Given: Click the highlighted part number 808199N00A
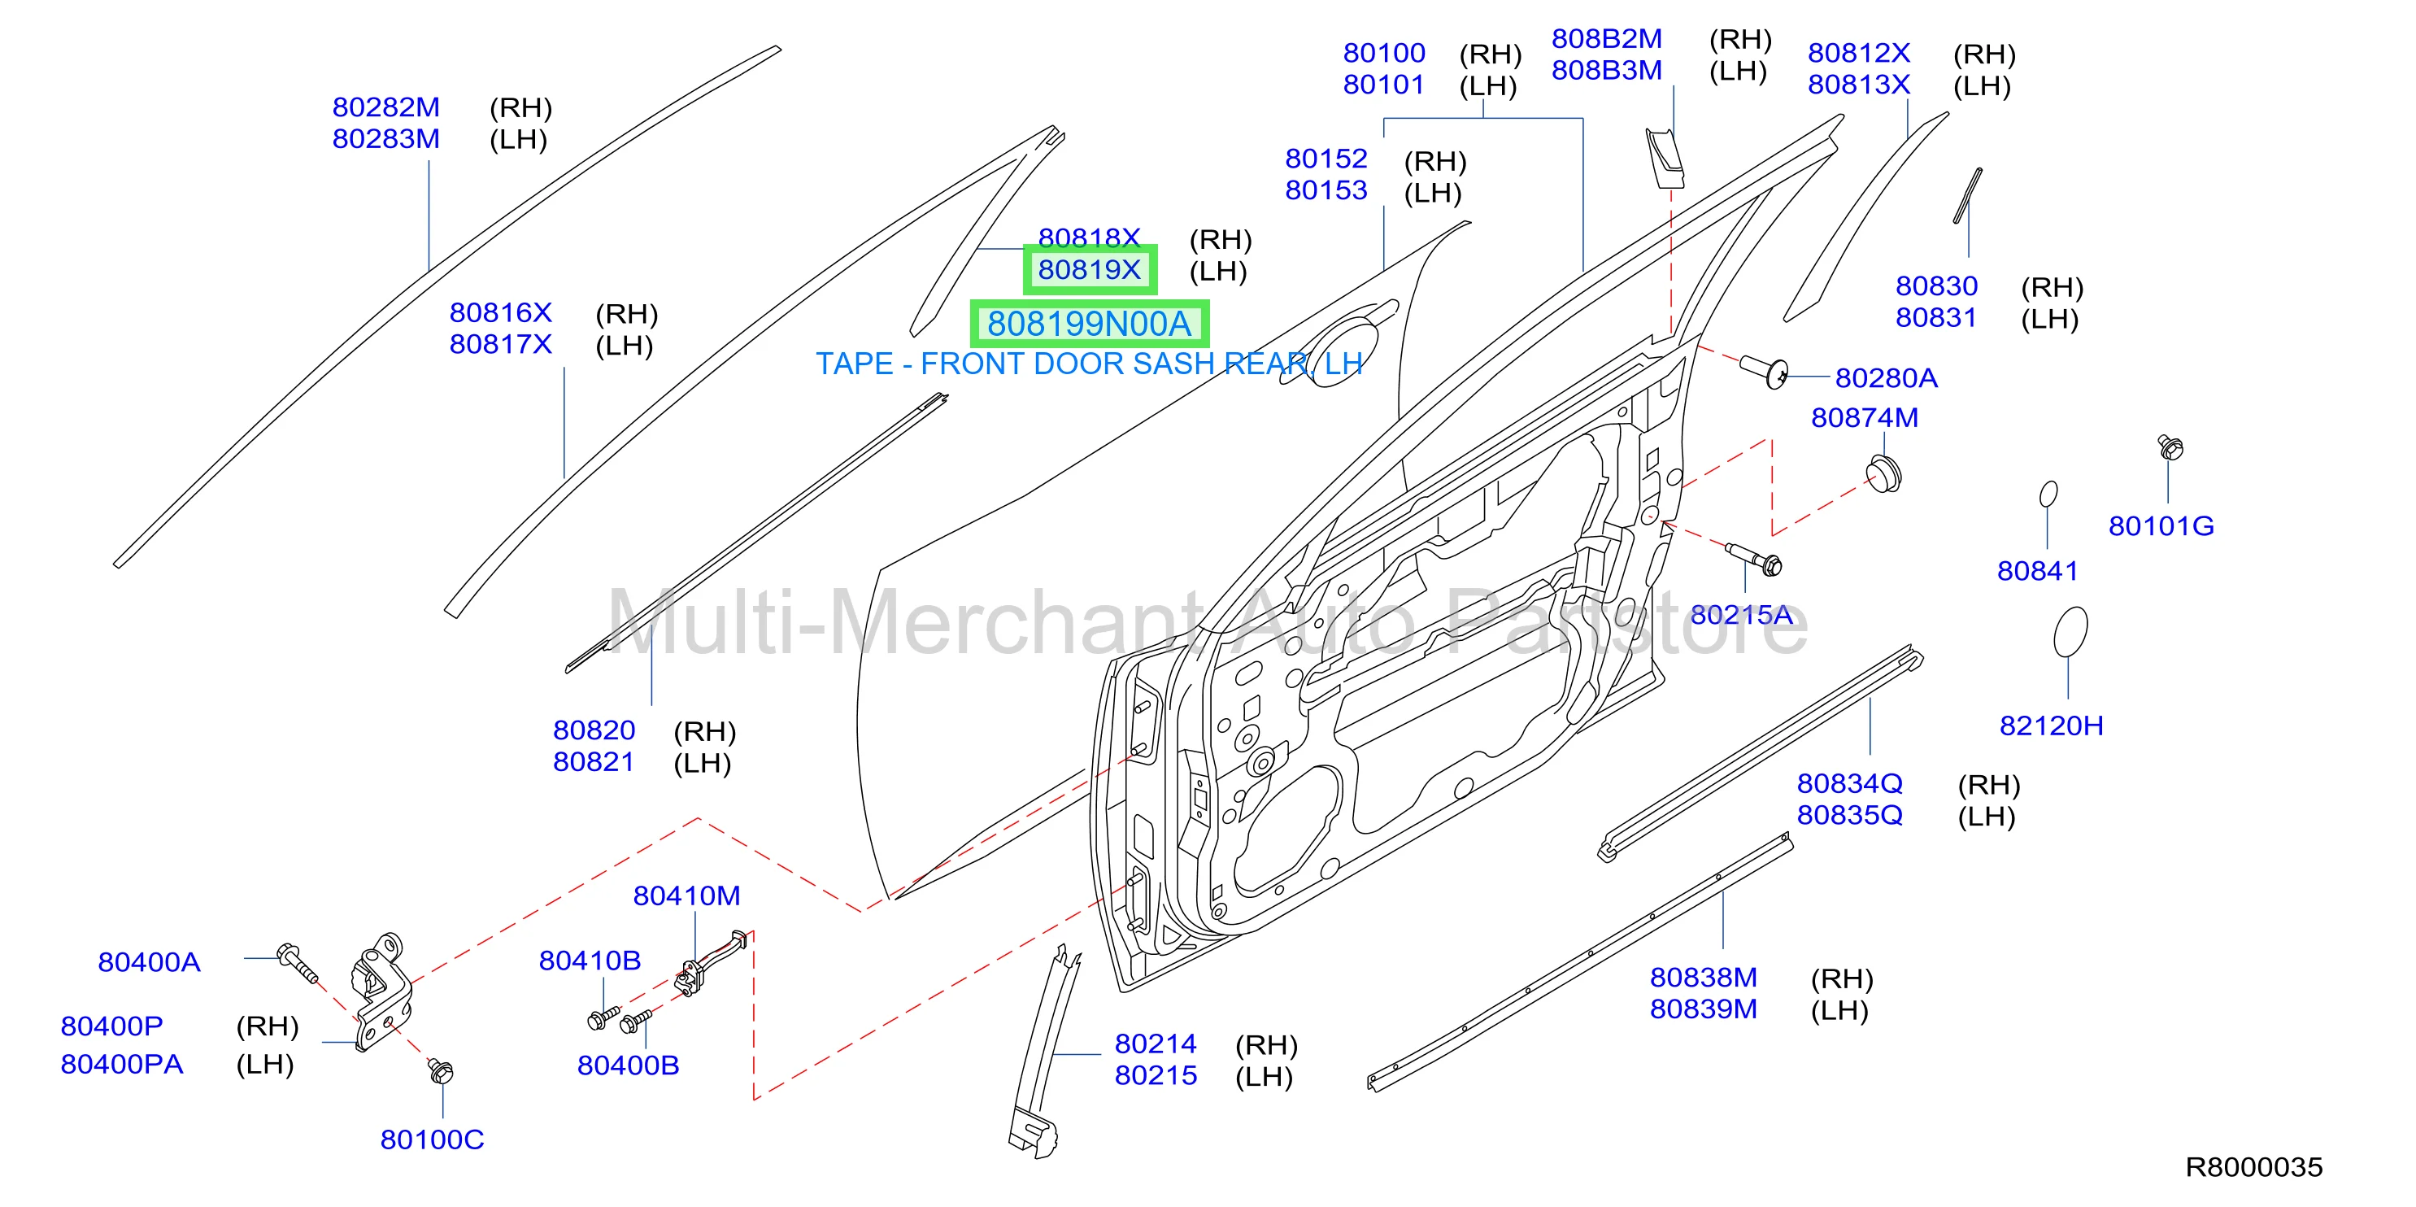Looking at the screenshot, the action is [1089, 325].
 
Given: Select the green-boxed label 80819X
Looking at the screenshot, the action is [1089, 270].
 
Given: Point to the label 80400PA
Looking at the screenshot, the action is [122, 1065].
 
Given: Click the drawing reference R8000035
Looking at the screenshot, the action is [2253, 1168].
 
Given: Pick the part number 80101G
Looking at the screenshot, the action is [2161, 526].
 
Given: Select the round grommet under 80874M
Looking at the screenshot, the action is [1884, 473].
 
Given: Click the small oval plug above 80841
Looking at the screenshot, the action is [2049, 494].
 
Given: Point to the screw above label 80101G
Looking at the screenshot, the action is [2170, 447].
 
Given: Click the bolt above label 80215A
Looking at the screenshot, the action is [1754, 558].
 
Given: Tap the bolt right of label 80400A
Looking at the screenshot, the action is [298, 963].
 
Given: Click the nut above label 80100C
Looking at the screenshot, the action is [440, 1070].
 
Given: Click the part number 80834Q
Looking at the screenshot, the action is [1849, 783].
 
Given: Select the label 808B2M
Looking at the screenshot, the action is [1607, 39].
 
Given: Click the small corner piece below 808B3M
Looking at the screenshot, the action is [1665, 159].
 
